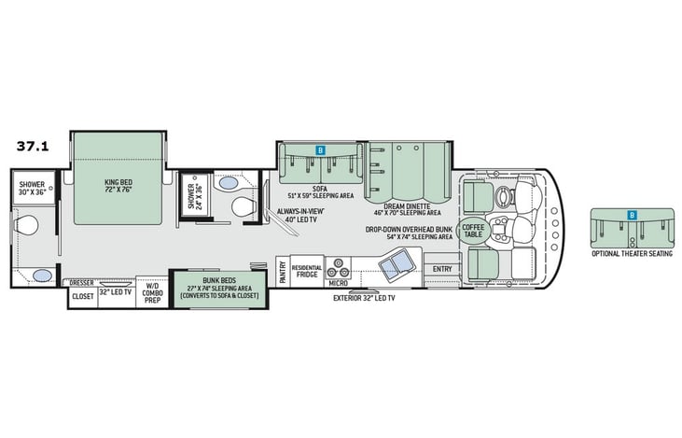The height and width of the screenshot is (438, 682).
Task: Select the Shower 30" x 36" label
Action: point(33,189)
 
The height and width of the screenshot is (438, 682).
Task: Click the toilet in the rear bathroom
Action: point(27,225)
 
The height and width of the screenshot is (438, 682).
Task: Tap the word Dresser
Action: point(81,281)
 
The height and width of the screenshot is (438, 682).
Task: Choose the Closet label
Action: point(82,296)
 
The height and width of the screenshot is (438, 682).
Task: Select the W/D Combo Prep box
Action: point(151,292)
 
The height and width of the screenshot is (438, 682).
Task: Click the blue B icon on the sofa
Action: point(319,149)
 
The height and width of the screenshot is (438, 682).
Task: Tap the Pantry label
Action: point(283,271)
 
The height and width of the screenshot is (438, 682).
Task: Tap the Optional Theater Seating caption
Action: point(632,253)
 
